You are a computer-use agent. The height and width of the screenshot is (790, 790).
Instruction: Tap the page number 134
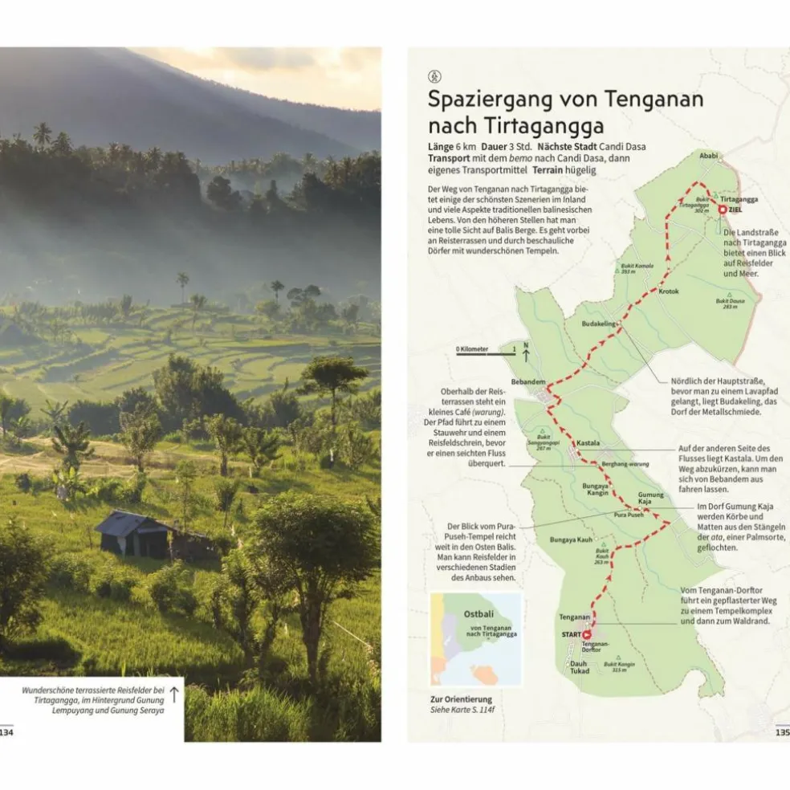(x=6, y=731)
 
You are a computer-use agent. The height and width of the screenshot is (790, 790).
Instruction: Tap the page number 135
(x=782, y=731)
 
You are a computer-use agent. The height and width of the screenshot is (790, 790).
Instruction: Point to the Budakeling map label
(x=598, y=324)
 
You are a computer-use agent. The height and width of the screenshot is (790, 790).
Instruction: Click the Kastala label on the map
(x=588, y=442)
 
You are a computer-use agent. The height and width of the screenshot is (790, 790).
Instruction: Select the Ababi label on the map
(x=708, y=156)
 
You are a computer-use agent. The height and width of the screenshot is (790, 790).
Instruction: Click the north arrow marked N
(x=526, y=349)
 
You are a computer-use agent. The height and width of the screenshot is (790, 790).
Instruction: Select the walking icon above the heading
(x=434, y=76)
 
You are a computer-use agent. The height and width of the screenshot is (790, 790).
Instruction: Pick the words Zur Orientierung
(x=461, y=699)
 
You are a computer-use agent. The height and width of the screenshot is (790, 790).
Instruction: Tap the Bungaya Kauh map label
(x=571, y=540)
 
